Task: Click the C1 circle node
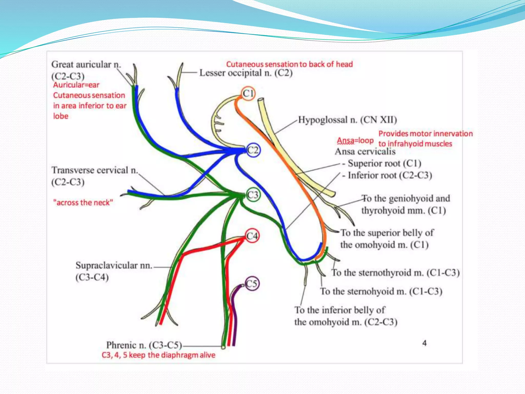[248, 93]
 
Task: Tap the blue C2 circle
[253, 150]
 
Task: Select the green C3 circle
[253, 195]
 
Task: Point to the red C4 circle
[252, 236]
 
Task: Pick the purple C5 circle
[252, 284]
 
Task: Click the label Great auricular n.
[86, 64]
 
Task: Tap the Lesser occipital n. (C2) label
[246, 73]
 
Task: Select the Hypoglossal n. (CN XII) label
[347, 120]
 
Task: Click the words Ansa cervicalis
[365, 151]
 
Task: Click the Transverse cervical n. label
[95, 170]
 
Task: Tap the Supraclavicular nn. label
[114, 265]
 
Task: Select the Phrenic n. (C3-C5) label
[144, 345]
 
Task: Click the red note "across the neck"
[83, 203]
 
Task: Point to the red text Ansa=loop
[355, 141]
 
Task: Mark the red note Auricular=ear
[76, 85]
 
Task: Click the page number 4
[425, 343]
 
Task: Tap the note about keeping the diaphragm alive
[158, 355]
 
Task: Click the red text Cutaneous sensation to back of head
[289, 64]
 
